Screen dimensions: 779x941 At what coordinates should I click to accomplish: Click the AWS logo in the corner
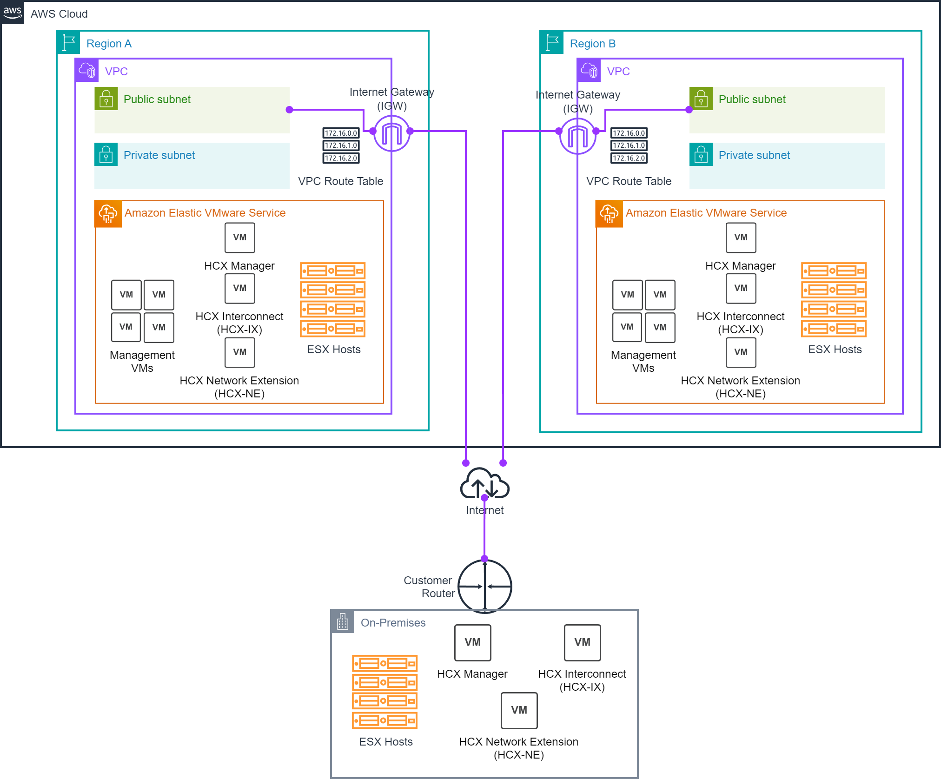click(12, 13)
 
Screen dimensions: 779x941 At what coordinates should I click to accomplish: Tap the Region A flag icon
click(68, 43)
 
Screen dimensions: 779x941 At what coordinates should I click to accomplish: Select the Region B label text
click(592, 44)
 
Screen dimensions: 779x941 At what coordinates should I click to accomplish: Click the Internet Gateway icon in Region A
click(392, 134)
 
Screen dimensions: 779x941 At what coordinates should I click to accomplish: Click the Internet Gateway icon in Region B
click(578, 136)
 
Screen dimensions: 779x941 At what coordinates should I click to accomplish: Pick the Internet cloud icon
click(484, 484)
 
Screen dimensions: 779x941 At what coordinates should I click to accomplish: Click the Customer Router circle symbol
click(485, 586)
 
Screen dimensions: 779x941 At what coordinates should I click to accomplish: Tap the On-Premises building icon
click(343, 621)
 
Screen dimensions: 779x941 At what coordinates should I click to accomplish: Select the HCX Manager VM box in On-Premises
click(472, 642)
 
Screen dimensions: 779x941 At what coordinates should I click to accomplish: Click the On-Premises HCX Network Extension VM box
click(519, 710)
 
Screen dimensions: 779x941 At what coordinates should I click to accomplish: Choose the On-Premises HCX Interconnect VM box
click(582, 642)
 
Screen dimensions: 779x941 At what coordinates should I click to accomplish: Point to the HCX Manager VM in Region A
click(240, 238)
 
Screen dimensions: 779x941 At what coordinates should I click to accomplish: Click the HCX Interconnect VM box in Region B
click(741, 288)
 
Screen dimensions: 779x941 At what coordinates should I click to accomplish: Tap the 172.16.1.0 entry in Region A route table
click(341, 145)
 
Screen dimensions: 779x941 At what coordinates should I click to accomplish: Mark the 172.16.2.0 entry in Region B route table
click(629, 158)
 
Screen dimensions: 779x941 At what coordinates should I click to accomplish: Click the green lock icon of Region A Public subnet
click(106, 99)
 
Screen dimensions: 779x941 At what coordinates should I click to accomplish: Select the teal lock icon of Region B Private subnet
click(701, 155)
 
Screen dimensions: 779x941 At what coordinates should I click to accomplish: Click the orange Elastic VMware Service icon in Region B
click(609, 214)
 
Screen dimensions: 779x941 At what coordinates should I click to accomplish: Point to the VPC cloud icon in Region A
click(87, 70)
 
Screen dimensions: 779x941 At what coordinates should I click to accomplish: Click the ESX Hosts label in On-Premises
click(385, 742)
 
